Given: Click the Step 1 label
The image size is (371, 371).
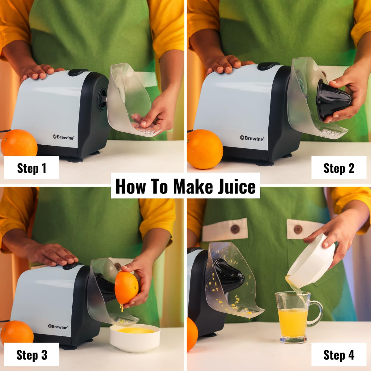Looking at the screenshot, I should [32, 168].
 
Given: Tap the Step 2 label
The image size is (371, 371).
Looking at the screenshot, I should [339, 168].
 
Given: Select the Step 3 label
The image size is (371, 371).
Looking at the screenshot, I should [32, 355].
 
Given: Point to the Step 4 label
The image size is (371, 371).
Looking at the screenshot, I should [339, 355].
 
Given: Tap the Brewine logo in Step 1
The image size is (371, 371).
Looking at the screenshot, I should [63, 137].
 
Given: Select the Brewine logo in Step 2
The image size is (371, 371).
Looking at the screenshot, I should [252, 138].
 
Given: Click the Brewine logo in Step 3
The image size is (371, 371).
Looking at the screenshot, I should [58, 326].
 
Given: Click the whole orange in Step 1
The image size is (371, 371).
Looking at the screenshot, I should [19, 143].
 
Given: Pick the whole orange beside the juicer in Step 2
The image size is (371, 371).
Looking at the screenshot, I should [205, 149].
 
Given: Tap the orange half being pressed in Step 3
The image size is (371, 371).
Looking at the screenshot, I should [126, 288].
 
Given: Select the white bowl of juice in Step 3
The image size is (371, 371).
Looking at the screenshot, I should [135, 338].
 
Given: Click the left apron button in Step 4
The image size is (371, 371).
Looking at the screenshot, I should [235, 229].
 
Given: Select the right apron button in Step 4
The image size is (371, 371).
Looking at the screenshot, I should [298, 229].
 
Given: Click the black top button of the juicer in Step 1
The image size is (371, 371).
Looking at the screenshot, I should [78, 72].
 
